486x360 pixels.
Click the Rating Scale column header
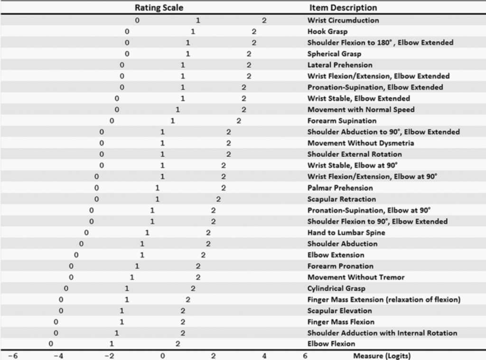(159, 8)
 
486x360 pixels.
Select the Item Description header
(343, 8)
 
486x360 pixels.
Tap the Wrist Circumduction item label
(343, 20)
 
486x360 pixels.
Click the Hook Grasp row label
(327, 32)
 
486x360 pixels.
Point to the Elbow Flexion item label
(331, 344)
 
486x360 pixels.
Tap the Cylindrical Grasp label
(336, 288)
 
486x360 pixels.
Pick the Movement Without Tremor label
(356, 277)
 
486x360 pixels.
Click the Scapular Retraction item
(341, 199)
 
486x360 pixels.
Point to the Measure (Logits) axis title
(382, 355)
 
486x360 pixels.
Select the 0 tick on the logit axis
(162, 355)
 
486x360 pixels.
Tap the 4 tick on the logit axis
(264, 355)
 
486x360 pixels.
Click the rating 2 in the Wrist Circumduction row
(264, 20)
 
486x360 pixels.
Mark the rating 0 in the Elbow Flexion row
(51, 344)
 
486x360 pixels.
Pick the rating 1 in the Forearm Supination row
(173, 121)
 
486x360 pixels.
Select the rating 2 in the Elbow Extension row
(203, 255)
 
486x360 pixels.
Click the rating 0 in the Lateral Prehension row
(122, 65)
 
